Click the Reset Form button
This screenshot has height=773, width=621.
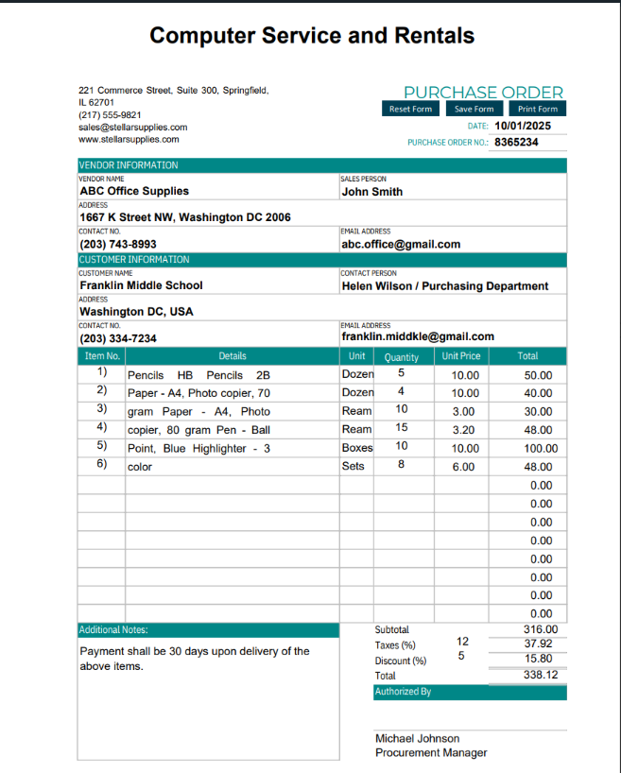(410, 109)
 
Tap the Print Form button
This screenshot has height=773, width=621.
(538, 109)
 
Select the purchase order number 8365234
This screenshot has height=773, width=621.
(516, 143)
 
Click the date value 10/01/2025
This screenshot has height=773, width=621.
(523, 126)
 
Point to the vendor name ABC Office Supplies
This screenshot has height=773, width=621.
(134, 191)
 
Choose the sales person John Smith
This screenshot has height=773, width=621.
(371, 192)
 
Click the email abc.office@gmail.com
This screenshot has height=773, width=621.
(401, 244)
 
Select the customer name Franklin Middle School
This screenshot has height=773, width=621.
(141, 285)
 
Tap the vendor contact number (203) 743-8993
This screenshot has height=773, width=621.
(118, 244)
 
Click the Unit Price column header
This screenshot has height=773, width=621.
(460, 356)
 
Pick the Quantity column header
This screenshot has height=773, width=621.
(402, 357)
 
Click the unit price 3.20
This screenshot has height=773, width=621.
(464, 430)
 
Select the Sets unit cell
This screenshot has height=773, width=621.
(353, 466)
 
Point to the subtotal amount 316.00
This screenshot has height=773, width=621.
(541, 629)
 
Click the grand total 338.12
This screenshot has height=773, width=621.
(541, 676)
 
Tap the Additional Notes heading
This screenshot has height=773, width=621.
(113, 629)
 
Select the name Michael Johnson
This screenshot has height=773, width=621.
(417, 738)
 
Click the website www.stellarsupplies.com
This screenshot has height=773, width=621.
(129, 139)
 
